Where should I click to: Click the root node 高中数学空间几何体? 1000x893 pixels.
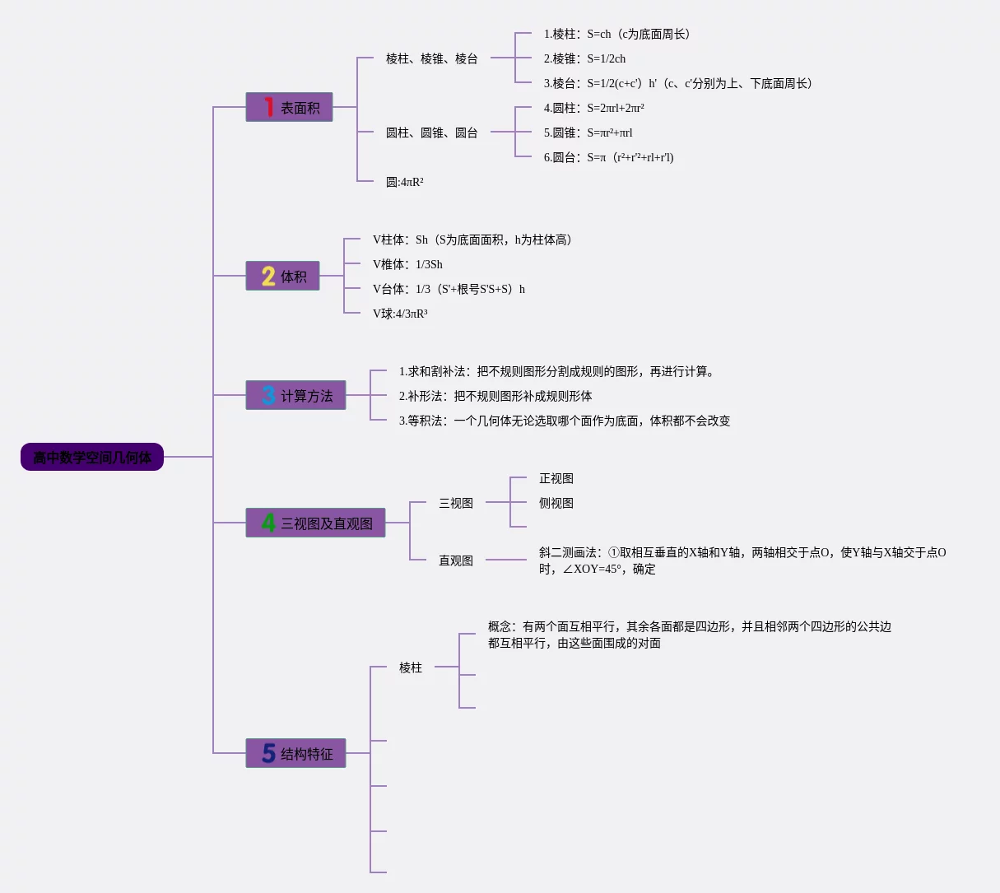[92, 457]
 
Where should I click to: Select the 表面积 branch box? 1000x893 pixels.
[289, 107]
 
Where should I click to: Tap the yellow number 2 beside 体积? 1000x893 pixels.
[268, 276]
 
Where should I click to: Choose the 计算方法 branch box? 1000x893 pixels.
[295, 395]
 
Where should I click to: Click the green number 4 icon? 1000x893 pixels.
[268, 523]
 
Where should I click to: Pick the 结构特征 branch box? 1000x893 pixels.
[295, 753]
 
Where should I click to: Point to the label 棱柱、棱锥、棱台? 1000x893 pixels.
[431, 58]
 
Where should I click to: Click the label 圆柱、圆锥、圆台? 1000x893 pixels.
[431, 133]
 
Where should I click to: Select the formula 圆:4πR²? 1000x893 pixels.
[404, 182]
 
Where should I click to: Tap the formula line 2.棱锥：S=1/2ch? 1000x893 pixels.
[584, 58]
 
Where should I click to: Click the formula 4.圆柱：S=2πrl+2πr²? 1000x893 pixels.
[593, 108]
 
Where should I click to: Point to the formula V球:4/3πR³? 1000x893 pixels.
[400, 314]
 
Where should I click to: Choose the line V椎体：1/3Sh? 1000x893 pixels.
[407, 264]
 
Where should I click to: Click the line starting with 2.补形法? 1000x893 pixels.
[495, 396]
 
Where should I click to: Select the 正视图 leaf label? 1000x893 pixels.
[556, 478]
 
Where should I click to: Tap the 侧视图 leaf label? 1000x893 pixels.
[556, 503]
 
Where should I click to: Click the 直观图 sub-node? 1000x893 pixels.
[456, 560]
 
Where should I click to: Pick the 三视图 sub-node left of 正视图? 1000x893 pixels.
[456, 503]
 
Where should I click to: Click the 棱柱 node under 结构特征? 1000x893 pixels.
[411, 667]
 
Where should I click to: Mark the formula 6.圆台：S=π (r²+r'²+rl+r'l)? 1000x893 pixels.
[608, 157]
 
